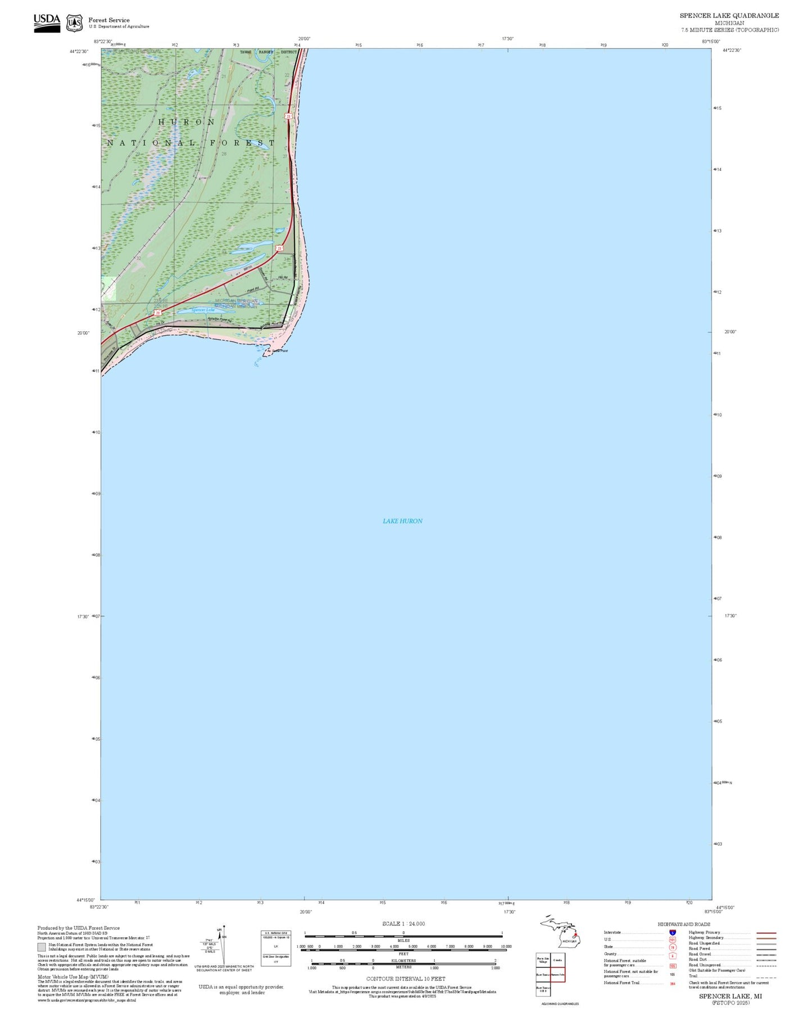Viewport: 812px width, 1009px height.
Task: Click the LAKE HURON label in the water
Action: tap(402, 521)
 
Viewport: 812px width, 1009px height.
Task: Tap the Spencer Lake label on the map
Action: tap(203, 310)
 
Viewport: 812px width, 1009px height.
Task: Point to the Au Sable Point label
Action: tap(276, 351)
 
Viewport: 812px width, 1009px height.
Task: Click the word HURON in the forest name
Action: tap(187, 122)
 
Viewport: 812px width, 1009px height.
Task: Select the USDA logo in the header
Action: tap(47, 22)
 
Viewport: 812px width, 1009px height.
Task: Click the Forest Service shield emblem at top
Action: tap(74, 23)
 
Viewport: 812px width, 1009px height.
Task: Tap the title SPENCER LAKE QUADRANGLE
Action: tap(729, 16)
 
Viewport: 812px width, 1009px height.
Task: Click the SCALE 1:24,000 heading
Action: tap(403, 924)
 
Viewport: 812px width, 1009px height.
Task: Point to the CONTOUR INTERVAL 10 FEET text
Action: tap(406, 979)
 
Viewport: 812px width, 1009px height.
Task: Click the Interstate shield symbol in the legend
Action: tap(673, 933)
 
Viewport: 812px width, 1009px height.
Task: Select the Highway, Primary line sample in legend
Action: tap(766, 933)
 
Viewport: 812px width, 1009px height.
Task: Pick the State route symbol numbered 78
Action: tap(673, 947)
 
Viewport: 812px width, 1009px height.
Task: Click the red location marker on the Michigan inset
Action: tap(575, 935)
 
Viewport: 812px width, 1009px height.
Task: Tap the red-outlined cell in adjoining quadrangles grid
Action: tap(557, 974)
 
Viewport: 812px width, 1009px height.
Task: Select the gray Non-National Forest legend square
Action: tap(42, 947)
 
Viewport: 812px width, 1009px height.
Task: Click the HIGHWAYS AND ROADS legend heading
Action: tap(683, 924)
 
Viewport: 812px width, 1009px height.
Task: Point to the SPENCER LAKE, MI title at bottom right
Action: tap(730, 996)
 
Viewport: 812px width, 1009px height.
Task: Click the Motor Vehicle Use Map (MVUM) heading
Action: tap(72, 977)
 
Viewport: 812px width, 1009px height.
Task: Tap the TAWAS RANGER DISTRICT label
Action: tap(268, 52)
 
